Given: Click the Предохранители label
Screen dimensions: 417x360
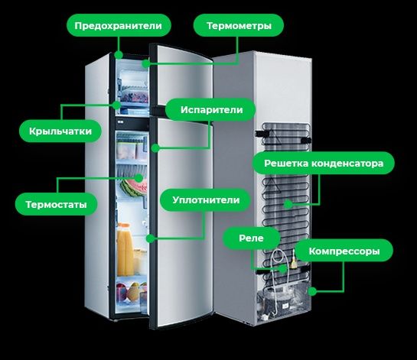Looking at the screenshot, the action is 119,25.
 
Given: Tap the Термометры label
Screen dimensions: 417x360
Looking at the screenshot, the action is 239,25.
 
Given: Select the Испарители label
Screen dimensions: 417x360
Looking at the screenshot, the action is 210,110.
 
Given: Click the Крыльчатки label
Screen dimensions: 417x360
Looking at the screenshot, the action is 60,131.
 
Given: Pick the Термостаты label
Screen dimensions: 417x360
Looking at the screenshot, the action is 56,204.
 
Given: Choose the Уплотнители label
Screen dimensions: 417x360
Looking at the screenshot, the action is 205,199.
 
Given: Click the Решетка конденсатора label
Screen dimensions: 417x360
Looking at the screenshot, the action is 324,163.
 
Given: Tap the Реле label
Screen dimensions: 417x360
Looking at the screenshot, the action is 251,238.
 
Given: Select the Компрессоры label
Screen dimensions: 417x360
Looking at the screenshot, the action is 344,251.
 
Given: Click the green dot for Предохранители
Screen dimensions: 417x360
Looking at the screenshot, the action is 119,55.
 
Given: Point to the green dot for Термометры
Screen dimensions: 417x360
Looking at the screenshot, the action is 145,63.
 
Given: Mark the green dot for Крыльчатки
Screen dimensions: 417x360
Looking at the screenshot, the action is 116,105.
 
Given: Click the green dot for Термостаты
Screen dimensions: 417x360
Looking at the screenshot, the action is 138,178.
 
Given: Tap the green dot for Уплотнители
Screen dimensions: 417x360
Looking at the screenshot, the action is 151,238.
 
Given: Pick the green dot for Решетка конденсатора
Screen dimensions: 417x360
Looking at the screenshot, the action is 288,204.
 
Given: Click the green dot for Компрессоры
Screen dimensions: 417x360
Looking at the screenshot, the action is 312,291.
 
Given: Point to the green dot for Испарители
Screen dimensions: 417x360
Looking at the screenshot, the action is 155,148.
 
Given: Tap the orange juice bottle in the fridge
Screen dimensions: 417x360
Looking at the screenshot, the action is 125,250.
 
